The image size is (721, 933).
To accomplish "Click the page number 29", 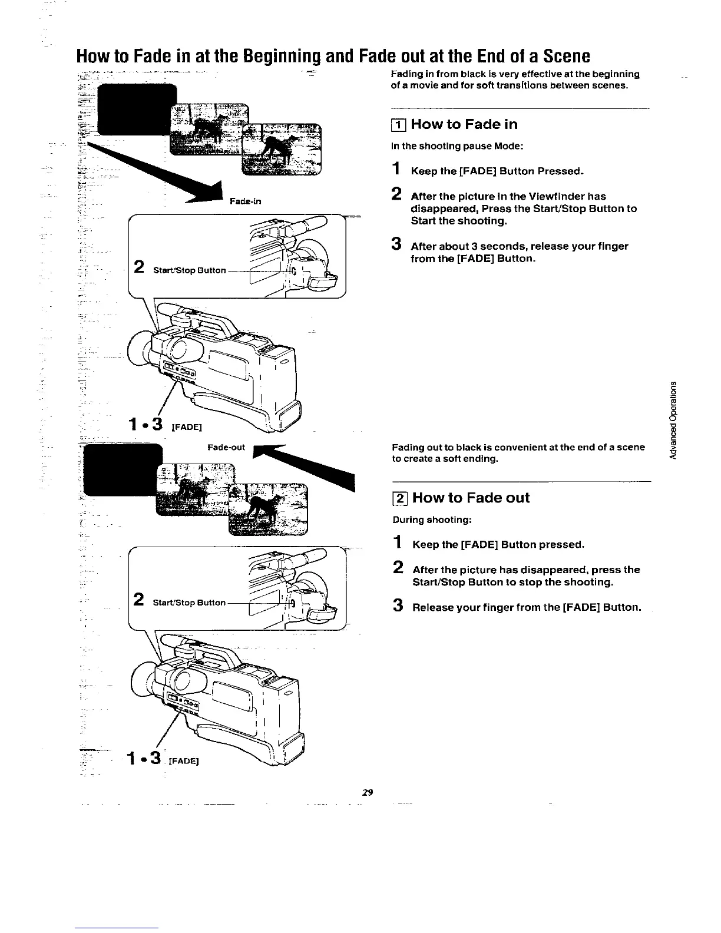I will (x=367, y=792).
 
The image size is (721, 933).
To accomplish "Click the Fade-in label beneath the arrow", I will (x=246, y=201).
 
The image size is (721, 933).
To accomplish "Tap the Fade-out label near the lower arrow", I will (x=226, y=448).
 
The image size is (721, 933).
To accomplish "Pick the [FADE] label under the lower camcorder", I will (x=183, y=760).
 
